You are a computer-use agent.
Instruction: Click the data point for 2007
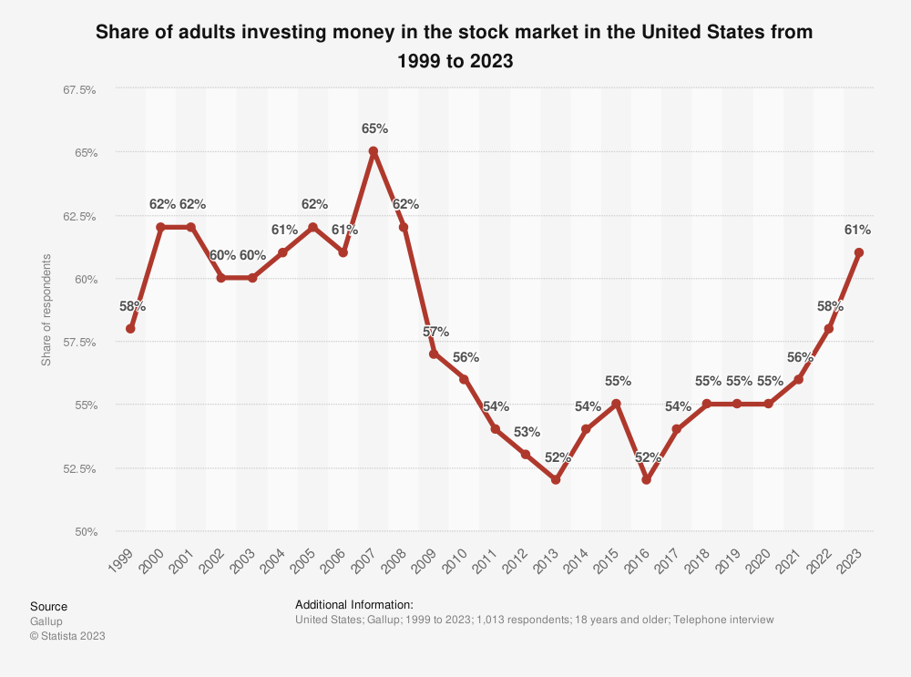click(374, 151)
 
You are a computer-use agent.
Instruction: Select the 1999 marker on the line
click(130, 328)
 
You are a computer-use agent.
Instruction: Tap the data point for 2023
click(859, 252)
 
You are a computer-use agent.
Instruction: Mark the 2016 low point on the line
click(647, 479)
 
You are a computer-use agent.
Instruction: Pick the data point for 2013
click(556, 479)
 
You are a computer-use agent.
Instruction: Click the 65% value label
click(374, 128)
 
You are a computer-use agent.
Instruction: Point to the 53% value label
click(526, 432)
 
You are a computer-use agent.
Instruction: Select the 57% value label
click(435, 331)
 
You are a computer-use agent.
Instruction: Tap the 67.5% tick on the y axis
click(78, 89)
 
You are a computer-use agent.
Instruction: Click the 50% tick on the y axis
click(85, 531)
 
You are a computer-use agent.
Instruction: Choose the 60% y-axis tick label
click(85, 279)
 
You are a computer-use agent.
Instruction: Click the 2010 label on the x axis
click(458, 562)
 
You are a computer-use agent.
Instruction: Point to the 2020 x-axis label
click(762, 562)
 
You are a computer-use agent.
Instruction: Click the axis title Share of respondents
click(46, 311)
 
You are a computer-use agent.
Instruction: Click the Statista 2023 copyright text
click(67, 636)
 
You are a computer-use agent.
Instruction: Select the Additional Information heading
click(354, 604)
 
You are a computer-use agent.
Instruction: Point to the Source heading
click(48, 606)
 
